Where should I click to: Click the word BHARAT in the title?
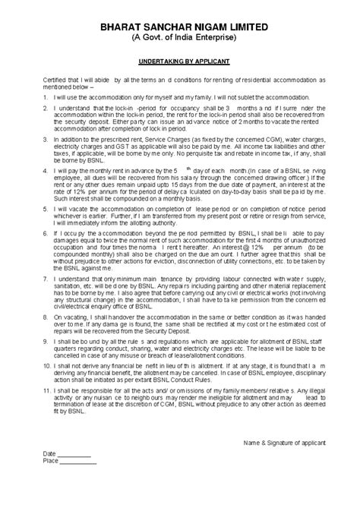[120, 25]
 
